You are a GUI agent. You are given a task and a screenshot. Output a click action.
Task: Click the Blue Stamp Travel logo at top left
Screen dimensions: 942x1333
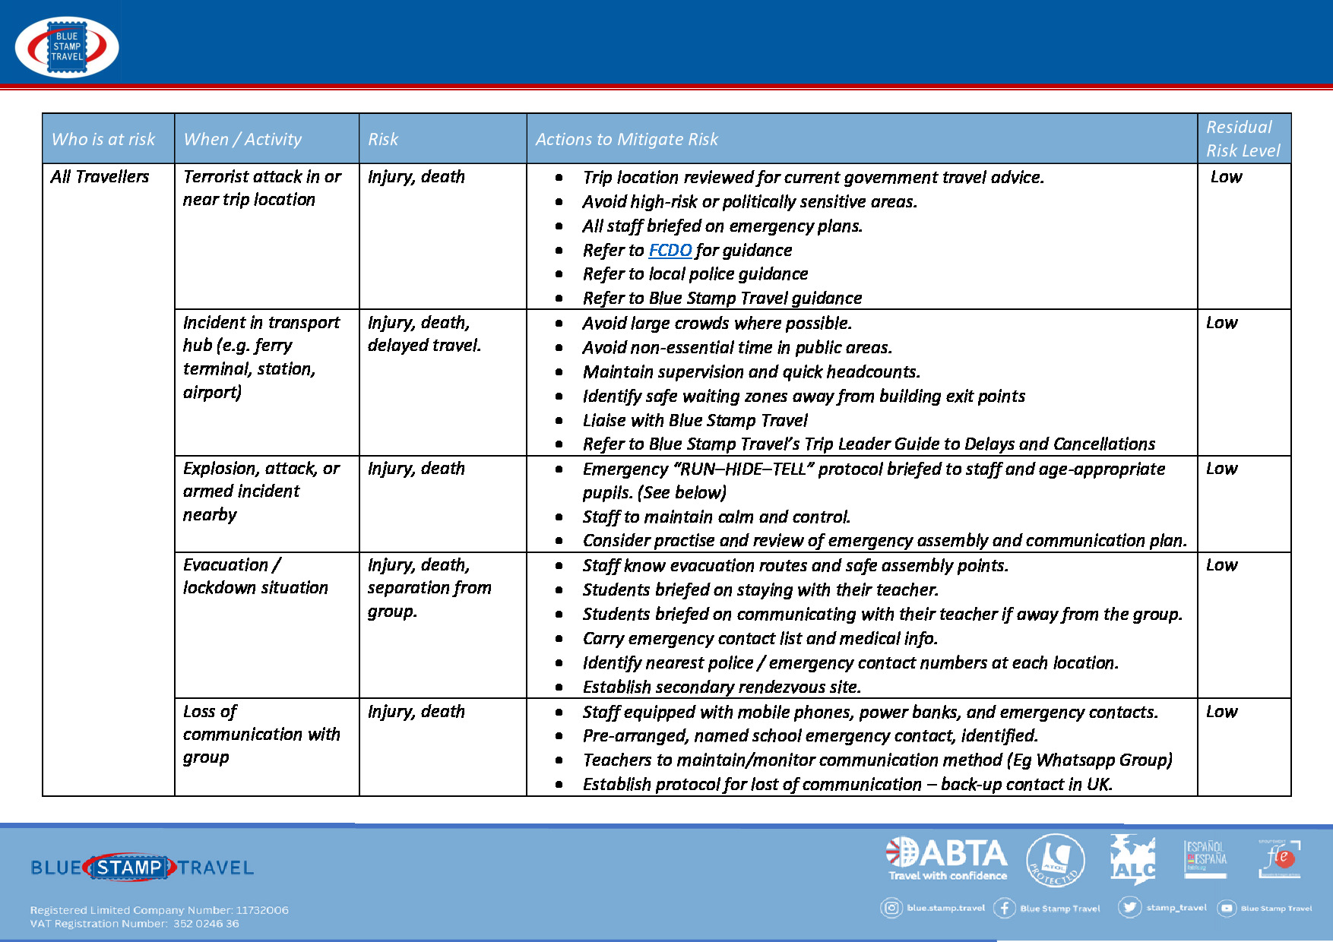[x=67, y=47]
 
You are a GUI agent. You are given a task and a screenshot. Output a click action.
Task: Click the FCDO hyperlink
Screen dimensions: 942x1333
[x=670, y=250]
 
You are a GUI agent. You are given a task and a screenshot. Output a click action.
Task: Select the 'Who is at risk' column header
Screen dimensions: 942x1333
[x=103, y=139]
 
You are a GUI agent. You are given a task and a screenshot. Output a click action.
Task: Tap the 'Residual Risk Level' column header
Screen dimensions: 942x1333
[x=1243, y=138]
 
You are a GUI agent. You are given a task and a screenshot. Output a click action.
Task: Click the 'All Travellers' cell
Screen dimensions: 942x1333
[x=100, y=176]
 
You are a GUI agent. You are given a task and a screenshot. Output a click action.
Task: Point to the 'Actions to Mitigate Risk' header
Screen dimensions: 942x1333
[x=626, y=139]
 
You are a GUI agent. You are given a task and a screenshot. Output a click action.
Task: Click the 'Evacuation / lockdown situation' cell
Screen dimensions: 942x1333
[x=255, y=576]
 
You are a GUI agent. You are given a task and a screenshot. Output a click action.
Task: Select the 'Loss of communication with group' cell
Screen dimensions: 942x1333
[x=261, y=734]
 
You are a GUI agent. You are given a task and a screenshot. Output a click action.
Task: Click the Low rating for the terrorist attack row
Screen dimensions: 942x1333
[x=1226, y=176]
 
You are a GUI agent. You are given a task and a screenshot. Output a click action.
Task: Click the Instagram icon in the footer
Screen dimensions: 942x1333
[x=891, y=908]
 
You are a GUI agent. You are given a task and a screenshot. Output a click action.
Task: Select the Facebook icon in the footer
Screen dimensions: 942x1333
[x=1004, y=908]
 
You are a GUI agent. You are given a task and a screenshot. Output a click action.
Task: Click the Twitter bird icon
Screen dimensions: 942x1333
[x=1129, y=907]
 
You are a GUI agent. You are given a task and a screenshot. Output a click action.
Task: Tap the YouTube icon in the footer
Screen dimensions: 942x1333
[x=1227, y=908]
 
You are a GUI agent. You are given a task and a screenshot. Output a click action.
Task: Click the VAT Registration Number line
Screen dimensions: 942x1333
[x=135, y=924]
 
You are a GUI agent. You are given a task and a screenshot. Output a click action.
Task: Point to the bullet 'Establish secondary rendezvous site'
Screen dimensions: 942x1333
[x=721, y=687]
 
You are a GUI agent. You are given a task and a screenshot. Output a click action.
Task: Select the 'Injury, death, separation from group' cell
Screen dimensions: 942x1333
[x=429, y=587]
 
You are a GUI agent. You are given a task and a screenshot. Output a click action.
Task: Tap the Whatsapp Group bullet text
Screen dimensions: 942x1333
[x=877, y=760]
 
